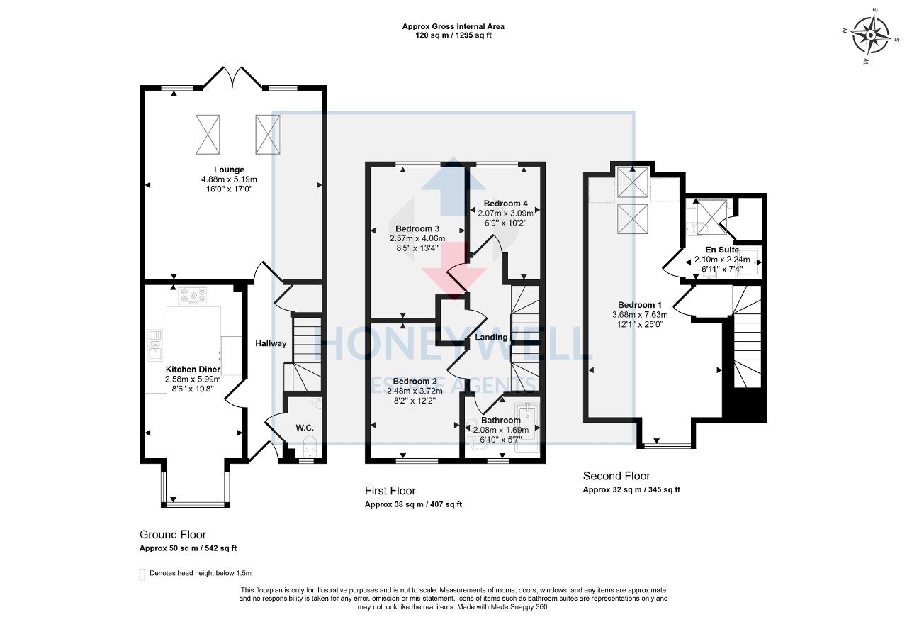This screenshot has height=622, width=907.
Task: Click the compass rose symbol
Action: click(871, 35)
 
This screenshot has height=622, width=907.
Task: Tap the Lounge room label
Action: click(229, 170)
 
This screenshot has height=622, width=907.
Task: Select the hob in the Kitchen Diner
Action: click(193, 295)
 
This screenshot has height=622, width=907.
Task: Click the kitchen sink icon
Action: click(155, 345)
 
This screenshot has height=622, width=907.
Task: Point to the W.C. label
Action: click(305, 428)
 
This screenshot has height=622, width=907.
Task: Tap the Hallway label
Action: click(271, 343)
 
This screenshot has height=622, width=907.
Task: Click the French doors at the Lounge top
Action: click(232, 77)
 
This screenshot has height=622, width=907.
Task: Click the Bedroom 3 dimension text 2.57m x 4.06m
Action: click(417, 238)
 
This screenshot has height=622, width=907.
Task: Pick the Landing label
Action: click(491, 337)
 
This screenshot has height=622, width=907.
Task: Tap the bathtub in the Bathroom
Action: click(526, 427)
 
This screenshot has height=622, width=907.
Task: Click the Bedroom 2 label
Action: click(415, 382)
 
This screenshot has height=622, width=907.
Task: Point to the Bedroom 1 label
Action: click(640, 305)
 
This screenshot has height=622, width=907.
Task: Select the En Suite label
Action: click(722, 250)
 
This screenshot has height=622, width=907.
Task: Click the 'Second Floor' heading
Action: click(616, 476)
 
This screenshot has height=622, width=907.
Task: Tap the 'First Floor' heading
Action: click(390, 491)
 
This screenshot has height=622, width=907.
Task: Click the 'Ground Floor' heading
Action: click(173, 535)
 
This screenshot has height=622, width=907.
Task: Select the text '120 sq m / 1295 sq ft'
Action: click(453, 35)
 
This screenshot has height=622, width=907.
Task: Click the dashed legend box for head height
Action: click(142, 574)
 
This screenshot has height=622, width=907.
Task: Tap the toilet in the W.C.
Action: click(310, 446)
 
